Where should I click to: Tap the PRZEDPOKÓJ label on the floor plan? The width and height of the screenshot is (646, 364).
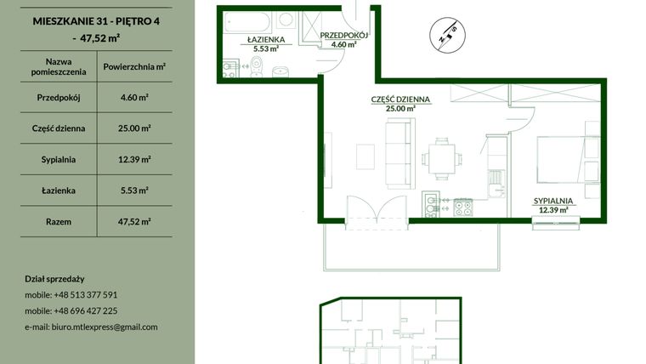coord(343,36)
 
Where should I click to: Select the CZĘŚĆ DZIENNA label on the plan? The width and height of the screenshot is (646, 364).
coord(400,100)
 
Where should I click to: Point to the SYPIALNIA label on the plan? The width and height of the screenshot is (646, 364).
coord(553,200)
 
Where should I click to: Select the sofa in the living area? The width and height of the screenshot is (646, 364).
coord(398,154)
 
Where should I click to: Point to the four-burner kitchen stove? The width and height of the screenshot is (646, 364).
coord(462,206)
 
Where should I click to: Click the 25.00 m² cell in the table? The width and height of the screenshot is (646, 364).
coord(136,128)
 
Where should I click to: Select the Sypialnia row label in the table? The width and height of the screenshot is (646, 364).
coord(59,159)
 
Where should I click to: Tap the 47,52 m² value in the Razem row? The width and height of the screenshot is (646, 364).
coord(136,221)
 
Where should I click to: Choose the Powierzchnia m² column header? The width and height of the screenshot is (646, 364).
coord(133,66)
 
